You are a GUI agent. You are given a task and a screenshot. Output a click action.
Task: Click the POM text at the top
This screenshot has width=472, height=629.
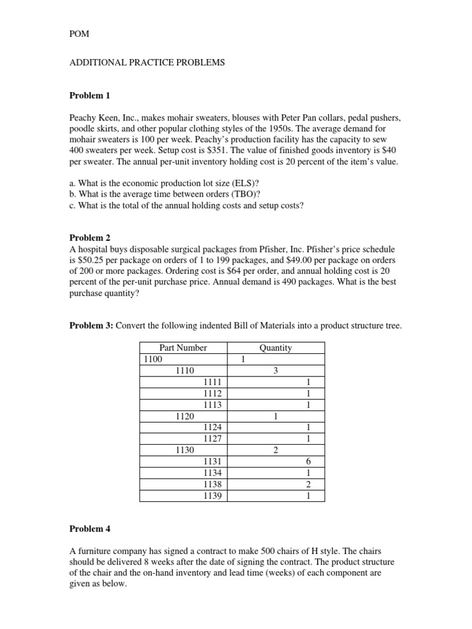point(79,34)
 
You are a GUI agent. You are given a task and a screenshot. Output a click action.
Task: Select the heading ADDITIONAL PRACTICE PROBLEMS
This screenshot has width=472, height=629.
point(147,63)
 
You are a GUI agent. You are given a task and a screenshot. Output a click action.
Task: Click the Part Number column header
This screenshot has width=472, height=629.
point(183,348)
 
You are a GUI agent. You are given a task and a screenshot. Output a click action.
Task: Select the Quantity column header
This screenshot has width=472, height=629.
point(275,348)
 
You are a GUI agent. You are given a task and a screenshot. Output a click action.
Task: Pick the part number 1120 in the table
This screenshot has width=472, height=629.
point(184,416)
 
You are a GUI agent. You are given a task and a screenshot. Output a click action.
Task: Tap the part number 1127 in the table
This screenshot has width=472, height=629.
point(211,439)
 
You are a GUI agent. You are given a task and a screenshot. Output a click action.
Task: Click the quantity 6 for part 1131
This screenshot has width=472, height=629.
point(308,462)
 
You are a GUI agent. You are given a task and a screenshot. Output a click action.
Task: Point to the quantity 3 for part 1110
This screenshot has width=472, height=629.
point(275,370)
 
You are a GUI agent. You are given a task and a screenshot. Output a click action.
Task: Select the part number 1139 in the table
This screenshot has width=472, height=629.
point(211,495)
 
